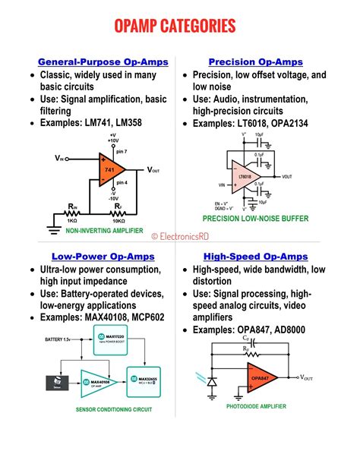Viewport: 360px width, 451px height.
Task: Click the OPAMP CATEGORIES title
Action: click(x=180, y=27)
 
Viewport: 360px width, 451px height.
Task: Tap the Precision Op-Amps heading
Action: click(x=255, y=61)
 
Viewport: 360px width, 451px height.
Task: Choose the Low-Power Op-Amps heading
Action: click(x=92, y=257)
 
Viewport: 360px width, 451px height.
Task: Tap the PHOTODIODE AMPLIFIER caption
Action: click(x=256, y=407)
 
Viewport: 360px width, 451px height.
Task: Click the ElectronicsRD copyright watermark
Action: click(x=183, y=236)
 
